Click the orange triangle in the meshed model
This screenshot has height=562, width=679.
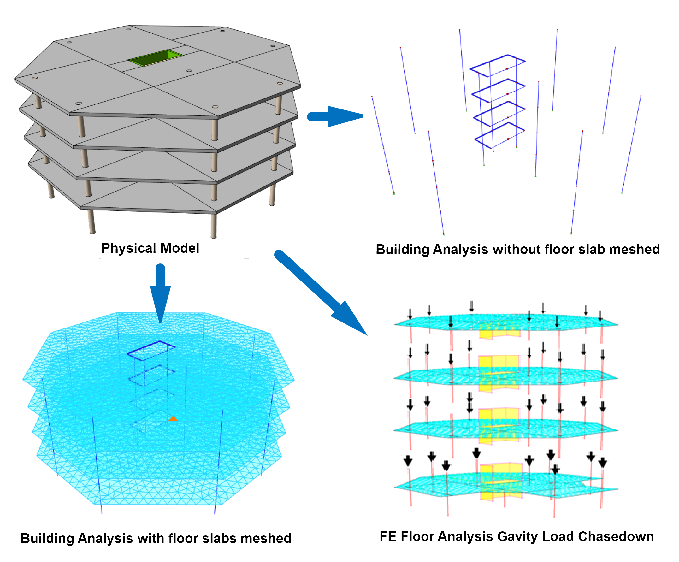click(173, 419)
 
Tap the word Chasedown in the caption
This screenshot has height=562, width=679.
click(616, 537)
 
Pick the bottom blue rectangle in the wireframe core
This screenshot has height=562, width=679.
click(499, 136)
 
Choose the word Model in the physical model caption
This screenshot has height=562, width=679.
click(180, 248)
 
